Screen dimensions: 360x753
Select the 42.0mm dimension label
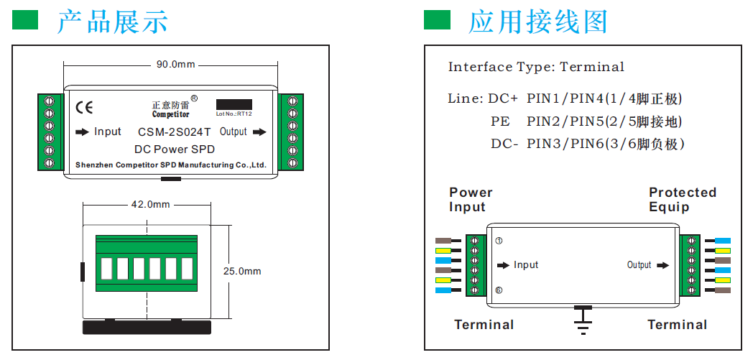(150, 204)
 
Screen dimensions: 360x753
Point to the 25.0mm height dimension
(242, 271)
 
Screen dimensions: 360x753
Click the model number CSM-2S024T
(174, 132)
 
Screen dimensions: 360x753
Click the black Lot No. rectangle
(234, 104)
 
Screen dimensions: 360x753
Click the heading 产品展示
(113, 22)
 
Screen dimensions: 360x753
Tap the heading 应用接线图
(538, 22)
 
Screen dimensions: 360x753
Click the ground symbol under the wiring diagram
(583, 320)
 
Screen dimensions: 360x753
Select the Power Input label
(471, 200)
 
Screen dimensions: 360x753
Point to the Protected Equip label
(683, 200)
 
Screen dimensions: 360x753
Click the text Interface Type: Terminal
(536, 67)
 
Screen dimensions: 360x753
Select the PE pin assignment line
(586, 121)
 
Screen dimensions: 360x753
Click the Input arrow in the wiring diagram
(517, 265)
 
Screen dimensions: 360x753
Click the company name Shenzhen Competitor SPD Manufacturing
(171, 165)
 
